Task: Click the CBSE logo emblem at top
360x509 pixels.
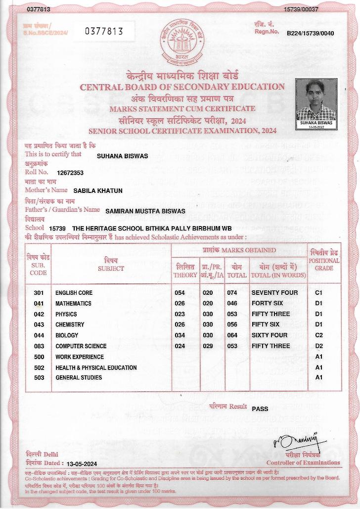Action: [180, 44]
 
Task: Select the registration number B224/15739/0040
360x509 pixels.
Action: [311, 33]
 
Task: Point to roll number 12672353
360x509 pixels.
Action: [70, 173]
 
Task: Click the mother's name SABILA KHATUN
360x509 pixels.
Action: [98, 190]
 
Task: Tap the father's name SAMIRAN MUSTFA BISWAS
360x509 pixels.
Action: [145, 211]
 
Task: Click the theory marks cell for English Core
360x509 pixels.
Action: [180, 293]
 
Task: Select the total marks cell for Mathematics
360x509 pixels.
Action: [232, 303]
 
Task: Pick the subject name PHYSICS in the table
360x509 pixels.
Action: [66, 314]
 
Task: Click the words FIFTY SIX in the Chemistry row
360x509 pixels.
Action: [266, 324]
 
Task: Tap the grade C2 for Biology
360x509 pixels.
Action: [319, 335]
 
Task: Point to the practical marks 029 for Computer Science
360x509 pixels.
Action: [208, 346]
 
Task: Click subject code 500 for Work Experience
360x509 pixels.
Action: [39, 357]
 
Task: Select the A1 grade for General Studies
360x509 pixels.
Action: [319, 377]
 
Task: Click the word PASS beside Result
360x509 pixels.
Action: [260, 409]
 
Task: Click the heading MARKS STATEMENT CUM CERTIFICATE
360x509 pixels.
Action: [182, 109]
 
